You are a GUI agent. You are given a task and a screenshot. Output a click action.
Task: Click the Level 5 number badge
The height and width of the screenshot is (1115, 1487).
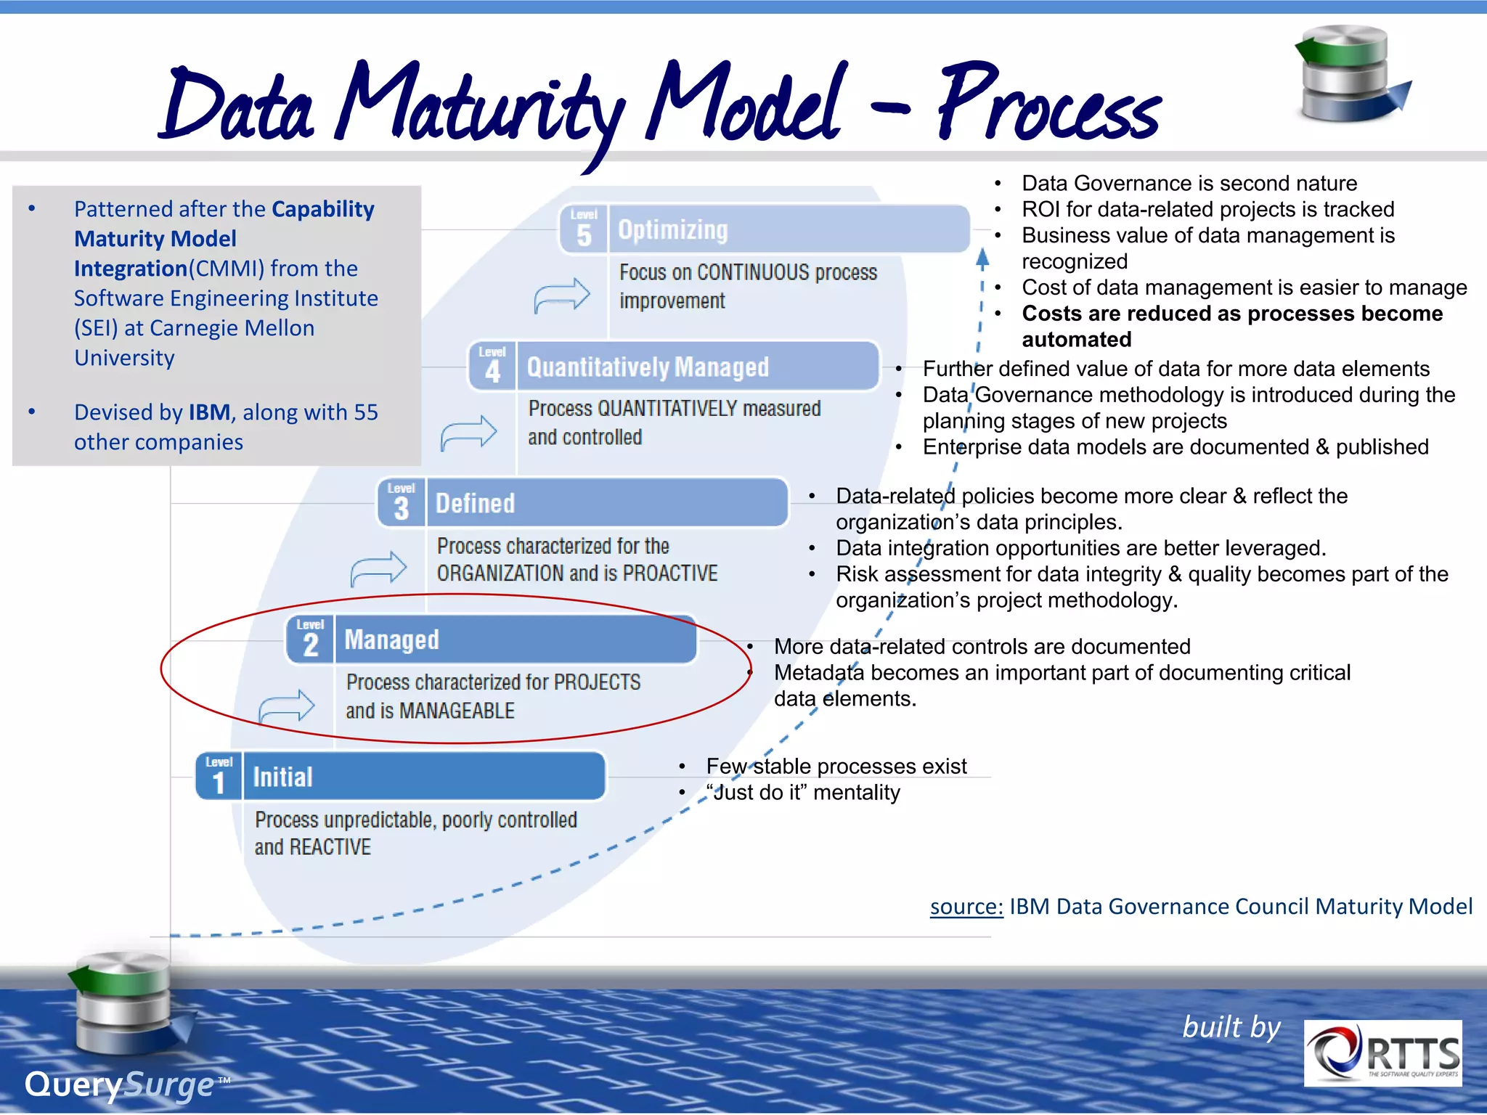(x=584, y=230)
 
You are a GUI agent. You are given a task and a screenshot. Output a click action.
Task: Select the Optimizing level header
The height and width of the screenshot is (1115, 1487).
(x=788, y=230)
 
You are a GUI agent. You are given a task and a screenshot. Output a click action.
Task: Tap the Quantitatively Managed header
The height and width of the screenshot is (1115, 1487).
(x=697, y=367)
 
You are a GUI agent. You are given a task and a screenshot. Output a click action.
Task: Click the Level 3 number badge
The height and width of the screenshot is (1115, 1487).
(x=401, y=503)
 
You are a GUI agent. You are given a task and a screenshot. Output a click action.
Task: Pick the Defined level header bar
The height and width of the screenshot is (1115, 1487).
(x=607, y=503)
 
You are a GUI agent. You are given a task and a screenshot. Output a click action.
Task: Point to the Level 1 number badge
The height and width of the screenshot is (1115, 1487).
(x=219, y=777)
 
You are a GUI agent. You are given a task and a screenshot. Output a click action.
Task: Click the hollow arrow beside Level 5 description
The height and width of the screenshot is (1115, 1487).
(x=561, y=295)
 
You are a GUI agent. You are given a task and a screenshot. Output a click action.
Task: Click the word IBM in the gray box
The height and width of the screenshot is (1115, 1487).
(x=209, y=412)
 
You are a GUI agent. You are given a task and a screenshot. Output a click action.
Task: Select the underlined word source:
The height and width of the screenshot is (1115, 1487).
(x=966, y=907)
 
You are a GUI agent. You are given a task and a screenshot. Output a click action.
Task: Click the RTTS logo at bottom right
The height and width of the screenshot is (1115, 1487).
(x=1382, y=1053)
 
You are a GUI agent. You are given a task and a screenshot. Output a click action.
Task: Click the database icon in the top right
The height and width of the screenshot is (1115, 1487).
(x=1349, y=74)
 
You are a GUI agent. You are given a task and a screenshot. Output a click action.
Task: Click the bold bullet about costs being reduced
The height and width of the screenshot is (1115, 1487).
(x=1231, y=326)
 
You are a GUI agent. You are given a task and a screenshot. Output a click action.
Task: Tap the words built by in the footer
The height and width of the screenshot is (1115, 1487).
(x=1231, y=1027)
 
